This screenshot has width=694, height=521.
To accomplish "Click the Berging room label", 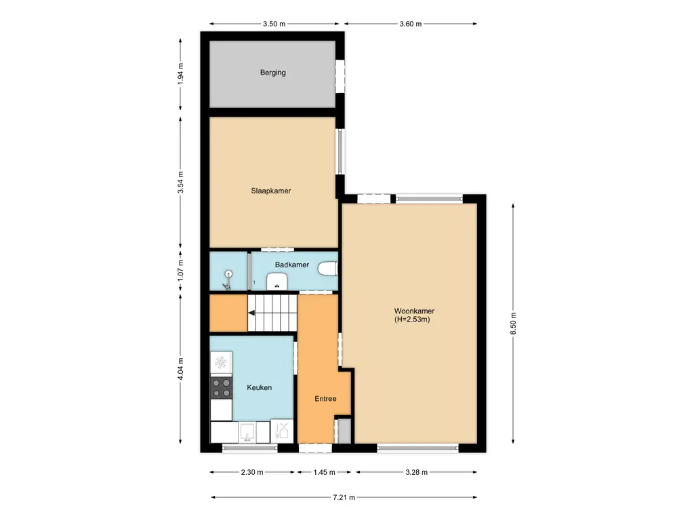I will (x=272, y=73).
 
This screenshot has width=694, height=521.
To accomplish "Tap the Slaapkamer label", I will (x=271, y=191).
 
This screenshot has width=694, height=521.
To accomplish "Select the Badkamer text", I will (x=292, y=265).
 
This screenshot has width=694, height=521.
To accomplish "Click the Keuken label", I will (x=260, y=387).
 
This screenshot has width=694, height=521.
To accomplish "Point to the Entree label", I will (x=325, y=399).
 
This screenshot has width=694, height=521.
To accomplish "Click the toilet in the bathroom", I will (x=328, y=269).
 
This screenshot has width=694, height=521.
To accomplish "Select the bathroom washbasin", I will (x=277, y=280).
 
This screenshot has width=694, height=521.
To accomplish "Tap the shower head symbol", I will (x=229, y=275).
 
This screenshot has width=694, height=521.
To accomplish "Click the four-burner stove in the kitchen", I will (x=221, y=387).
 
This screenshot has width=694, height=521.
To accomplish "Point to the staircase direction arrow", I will (x=251, y=313).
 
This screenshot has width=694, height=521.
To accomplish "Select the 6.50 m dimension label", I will (x=514, y=321).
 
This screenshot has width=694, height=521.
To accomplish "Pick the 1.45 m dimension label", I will (x=325, y=473).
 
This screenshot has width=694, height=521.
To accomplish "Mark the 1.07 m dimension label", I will (x=180, y=270).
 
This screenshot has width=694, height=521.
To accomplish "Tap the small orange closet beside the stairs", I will (x=227, y=313).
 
